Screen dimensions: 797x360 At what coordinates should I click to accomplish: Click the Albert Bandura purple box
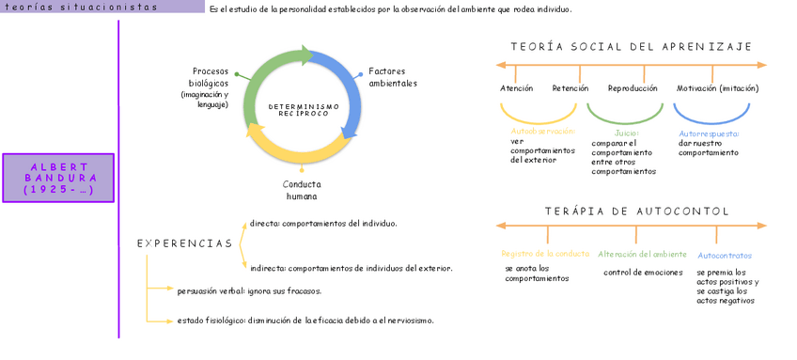pyautogui.click(x=58, y=178)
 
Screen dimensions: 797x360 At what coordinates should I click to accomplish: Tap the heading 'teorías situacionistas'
pyautogui.click(x=82, y=8)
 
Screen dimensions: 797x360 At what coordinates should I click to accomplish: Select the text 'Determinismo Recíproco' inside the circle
pyautogui.click(x=304, y=110)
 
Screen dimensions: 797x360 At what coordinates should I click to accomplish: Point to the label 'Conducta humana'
pyautogui.click(x=302, y=190)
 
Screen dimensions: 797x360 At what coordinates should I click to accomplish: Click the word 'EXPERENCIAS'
pyautogui.click(x=184, y=243)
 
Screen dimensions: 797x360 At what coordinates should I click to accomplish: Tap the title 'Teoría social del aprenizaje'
pyautogui.click(x=632, y=47)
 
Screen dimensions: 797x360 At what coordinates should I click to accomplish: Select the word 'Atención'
pyautogui.click(x=516, y=88)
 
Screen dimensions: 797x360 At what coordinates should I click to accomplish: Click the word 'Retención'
pyautogui.click(x=570, y=88)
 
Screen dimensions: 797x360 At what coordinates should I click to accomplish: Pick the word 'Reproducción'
pyautogui.click(x=633, y=88)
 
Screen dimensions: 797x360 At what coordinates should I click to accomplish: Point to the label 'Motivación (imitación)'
pyautogui.click(x=718, y=88)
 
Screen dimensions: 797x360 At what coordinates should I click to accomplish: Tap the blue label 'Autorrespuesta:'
pyautogui.click(x=709, y=133)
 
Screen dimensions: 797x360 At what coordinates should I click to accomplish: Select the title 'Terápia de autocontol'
pyautogui.click(x=637, y=211)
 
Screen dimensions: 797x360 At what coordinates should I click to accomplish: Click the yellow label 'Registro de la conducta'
pyautogui.click(x=545, y=254)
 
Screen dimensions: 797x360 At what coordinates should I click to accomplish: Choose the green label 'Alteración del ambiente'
pyautogui.click(x=643, y=254)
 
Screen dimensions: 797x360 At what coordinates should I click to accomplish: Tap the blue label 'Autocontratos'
pyautogui.click(x=725, y=256)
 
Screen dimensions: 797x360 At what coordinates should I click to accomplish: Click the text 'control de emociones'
pyautogui.click(x=643, y=273)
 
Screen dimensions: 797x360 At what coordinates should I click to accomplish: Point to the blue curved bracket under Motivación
pyautogui.click(x=711, y=123)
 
